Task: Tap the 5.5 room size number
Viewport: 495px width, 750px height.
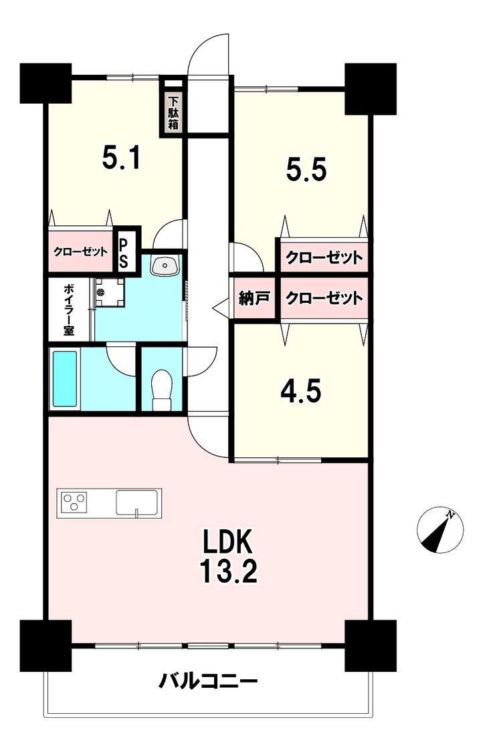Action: tap(306, 169)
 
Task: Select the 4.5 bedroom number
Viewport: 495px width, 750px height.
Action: tap(300, 391)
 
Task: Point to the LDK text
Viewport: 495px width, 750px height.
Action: tap(227, 543)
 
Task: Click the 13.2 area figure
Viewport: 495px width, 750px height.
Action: tap(228, 571)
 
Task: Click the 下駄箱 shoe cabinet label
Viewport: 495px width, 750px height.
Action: tap(173, 114)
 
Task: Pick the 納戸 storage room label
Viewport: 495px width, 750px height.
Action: tap(254, 299)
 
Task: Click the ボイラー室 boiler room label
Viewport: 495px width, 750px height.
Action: tap(69, 309)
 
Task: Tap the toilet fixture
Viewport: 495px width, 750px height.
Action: tap(161, 390)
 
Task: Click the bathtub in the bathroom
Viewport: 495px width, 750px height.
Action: tap(65, 379)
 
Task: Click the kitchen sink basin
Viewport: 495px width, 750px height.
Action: tap(137, 502)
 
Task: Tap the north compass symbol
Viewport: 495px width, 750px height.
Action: tap(440, 529)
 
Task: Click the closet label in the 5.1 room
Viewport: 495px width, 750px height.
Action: tap(80, 251)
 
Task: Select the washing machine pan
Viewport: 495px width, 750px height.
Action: tap(109, 293)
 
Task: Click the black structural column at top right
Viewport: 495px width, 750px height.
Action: tap(371, 89)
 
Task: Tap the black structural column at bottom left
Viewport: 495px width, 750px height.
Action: tap(45, 646)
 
